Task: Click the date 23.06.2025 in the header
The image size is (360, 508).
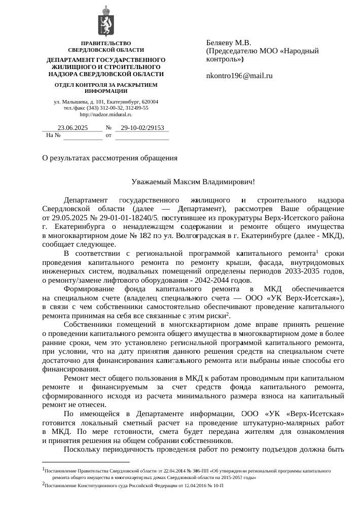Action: [x=73, y=128]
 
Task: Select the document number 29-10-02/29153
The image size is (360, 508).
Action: [x=142, y=128]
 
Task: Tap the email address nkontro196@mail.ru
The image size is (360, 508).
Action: [x=239, y=76]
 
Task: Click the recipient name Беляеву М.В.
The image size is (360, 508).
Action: [x=230, y=43]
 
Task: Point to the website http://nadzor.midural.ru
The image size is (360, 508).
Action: [x=106, y=115]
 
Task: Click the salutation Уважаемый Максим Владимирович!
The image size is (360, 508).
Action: [x=193, y=181]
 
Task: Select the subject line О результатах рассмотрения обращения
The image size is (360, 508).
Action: [x=110, y=158]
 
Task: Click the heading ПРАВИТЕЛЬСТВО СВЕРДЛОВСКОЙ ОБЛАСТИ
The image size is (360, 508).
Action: [x=106, y=47]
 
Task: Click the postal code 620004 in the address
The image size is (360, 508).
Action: [x=148, y=102]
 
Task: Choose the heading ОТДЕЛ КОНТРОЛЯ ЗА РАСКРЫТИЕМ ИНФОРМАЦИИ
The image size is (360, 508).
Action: [x=106, y=87]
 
